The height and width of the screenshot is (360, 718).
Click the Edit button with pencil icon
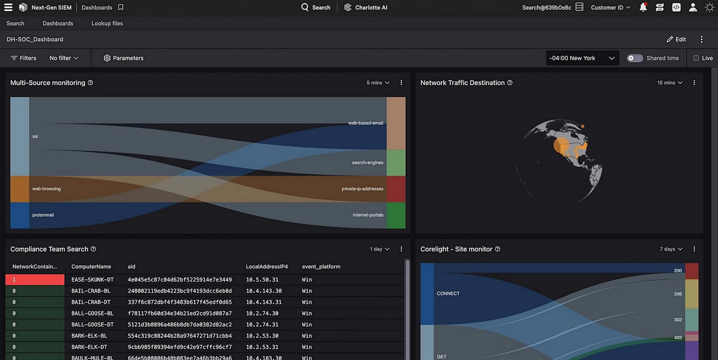(x=676, y=40)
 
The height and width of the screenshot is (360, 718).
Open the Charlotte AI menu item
(x=366, y=8)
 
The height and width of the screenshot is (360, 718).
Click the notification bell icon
(x=643, y=8)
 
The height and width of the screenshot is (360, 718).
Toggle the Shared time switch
(x=635, y=58)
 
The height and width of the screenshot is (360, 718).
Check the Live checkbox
(x=696, y=58)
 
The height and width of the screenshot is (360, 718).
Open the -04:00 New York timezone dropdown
(x=582, y=58)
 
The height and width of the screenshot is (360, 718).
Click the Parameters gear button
(x=123, y=58)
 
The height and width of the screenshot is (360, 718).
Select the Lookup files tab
(x=107, y=23)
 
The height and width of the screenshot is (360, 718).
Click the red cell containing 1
(x=35, y=280)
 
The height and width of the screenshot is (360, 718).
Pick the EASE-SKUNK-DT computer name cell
(x=92, y=280)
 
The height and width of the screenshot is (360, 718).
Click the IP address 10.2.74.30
(x=262, y=313)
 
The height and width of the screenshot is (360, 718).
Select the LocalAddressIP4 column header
(x=267, y=267)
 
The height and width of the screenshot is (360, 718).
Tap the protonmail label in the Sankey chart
(x=43, y=215)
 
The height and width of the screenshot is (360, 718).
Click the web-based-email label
(x=365, y=123)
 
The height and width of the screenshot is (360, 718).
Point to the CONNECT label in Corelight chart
(x=448, y=294)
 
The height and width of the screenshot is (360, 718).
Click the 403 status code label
(x=678, y=338)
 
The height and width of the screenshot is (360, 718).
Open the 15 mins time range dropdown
(x=670, y=83)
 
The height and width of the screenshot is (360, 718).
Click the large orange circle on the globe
(x=561, y=145)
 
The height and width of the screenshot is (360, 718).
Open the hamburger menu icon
(x=8, y=8)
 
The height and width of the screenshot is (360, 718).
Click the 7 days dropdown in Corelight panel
(x=671, y=249)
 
